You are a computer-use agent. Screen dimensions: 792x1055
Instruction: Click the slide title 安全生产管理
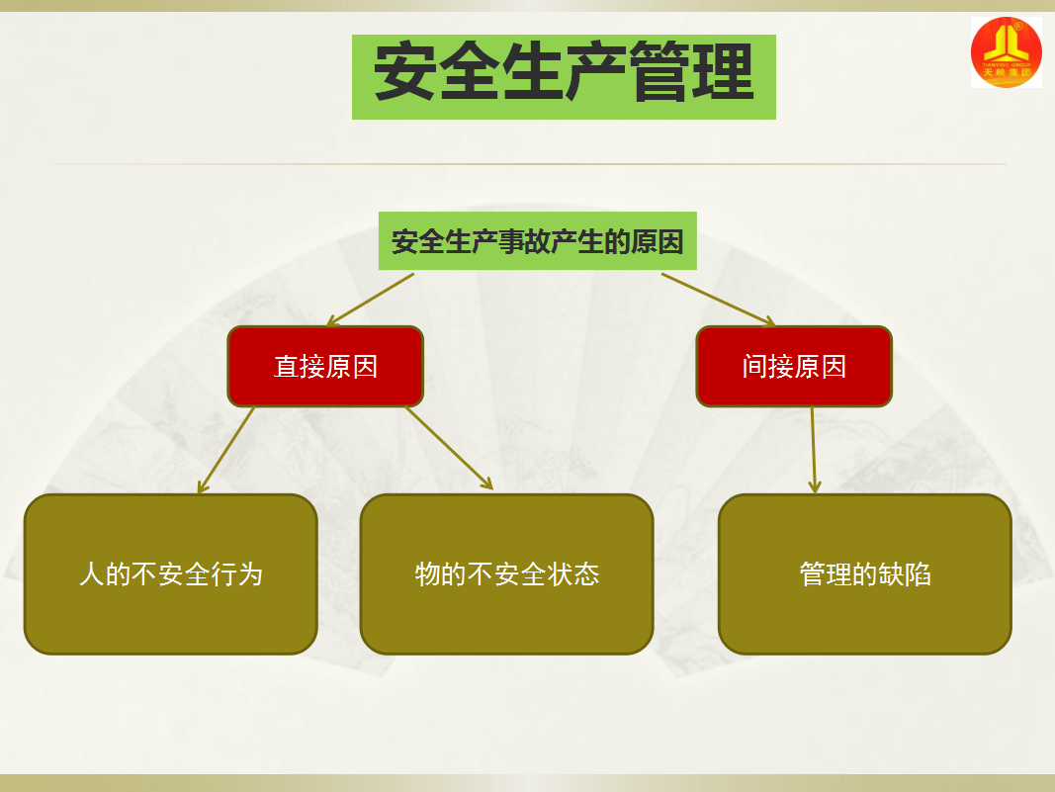(x=564, y=76)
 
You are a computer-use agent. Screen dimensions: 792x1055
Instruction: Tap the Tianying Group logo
(x=1006, y=51)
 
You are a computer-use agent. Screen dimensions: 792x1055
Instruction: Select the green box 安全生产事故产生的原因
(x=537, y=241)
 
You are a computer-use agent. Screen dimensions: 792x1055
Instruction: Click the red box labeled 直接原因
(x=325, y=367)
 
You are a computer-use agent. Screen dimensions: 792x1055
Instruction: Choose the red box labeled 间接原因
(x=794, y=367)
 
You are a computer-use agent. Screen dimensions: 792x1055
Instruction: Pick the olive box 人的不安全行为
(x=170, y=574)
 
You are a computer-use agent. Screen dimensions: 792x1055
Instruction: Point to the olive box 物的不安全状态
(x=506, y=574)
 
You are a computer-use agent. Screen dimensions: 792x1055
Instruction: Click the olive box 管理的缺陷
(x=864, y=574)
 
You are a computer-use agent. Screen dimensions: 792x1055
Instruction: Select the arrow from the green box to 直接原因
(x=371, y=299)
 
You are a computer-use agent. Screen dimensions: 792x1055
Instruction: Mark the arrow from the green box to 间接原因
(x=718, y=299)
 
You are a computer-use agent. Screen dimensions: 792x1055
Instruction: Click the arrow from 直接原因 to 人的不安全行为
(x=226, y=450)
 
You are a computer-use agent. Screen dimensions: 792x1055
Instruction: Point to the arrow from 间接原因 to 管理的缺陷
(x=814, y=450)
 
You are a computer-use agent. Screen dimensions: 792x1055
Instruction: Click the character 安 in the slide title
(x=405, y=73)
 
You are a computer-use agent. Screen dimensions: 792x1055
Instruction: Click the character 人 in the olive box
(x=91, y=574)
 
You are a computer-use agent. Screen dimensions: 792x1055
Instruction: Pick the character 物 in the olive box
(x=427, y=574)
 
